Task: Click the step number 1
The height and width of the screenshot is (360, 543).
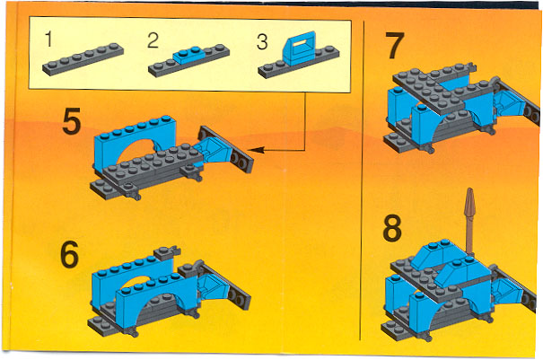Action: (x=48, y=39)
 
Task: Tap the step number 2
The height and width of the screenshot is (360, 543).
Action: (x=153, y=40)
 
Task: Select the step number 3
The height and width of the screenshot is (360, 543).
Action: (x=262, y=42)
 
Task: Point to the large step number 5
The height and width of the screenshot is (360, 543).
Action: (x=72, y=121)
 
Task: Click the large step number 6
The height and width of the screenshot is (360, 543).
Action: (x=70, y=255)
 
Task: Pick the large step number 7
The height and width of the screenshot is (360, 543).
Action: (x=395, y=46)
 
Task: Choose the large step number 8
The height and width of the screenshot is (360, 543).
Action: (x=392, y=228)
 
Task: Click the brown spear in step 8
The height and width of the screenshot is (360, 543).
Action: (x=469, y=222)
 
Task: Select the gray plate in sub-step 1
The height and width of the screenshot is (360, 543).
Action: (x=83, y=59)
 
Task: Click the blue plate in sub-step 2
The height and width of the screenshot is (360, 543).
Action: (x=189, y=55)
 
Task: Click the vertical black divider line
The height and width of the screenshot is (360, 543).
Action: (x=363, y=180)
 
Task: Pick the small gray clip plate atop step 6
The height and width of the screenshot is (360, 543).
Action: (x=167, y=253)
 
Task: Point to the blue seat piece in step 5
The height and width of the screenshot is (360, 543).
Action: (x=212, y=150)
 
